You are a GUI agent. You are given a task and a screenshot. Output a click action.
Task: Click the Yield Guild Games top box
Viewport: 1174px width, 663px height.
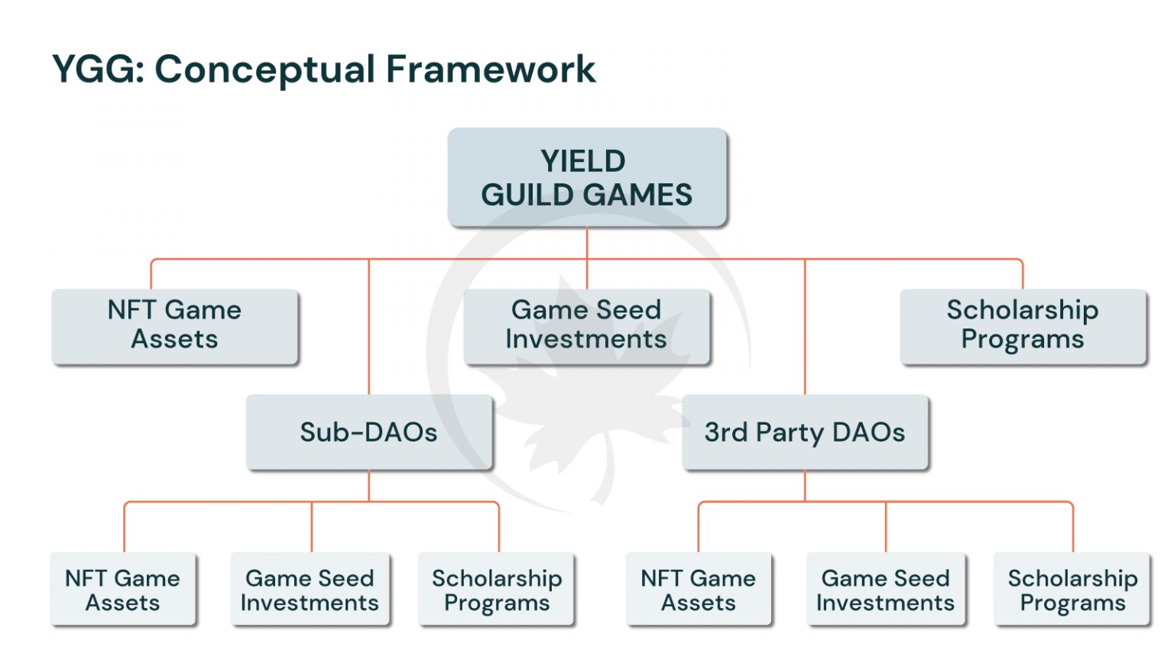click(586, 177)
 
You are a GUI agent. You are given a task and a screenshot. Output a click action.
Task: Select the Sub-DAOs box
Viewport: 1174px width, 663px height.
click(369, 432)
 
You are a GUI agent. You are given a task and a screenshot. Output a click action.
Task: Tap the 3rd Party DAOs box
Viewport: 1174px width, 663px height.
click(805, 432)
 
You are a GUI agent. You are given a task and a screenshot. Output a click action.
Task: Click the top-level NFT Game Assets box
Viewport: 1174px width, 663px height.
click(174, 325)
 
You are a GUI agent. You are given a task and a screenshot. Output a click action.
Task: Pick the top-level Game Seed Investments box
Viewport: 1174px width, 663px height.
click(586, 325)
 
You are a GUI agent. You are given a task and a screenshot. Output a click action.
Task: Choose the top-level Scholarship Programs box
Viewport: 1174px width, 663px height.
click(1023, 325)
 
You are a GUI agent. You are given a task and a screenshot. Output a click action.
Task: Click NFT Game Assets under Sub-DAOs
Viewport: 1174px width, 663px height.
click(123, 590)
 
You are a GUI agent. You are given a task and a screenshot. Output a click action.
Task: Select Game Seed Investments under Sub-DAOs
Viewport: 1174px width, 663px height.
click(310, 590)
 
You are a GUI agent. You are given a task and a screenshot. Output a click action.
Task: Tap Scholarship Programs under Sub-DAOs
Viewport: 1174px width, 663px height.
click(497, 590)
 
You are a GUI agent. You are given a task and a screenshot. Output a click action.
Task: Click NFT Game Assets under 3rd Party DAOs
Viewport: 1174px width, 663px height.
click(699, 590)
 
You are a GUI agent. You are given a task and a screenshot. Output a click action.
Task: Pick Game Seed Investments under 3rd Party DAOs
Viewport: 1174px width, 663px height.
click(885, 590)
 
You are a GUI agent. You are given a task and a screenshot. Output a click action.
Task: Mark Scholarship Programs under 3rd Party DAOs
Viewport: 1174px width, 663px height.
click(1072, 590)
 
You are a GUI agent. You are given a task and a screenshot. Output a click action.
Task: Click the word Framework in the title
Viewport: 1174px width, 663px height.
click(490, 70)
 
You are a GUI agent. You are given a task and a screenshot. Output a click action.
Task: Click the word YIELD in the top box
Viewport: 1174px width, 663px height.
click(583, 161)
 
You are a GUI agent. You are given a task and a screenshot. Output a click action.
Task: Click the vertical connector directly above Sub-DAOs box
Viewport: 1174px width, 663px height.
click(369, 328)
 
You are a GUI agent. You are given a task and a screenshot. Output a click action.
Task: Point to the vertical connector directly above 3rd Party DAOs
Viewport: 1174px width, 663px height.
click(805, 328)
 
